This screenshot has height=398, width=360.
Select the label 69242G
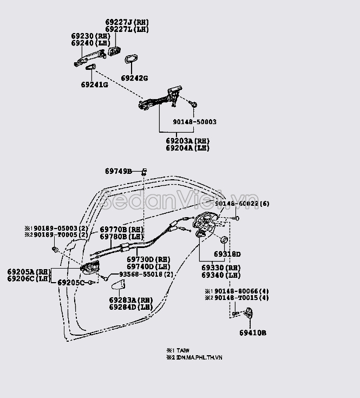134,78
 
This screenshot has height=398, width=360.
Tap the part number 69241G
95,85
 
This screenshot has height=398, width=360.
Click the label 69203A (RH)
187,141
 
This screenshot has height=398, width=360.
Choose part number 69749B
118,172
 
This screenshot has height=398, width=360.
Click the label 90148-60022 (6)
241,204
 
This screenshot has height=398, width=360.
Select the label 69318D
227,254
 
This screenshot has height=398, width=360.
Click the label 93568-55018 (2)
146,275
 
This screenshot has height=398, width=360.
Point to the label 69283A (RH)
130,300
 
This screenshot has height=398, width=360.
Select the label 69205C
70,283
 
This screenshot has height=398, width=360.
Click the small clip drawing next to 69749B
144,171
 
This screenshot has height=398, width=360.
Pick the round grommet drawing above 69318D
224,240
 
